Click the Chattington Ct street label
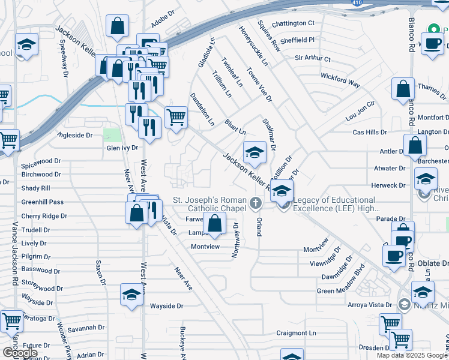pos(293,23)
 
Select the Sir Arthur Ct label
pos(313,59)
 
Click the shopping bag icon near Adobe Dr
pos(117,26)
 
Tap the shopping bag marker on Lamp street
pos(214,223)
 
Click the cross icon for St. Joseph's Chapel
pos(257,202)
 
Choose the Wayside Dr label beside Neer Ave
pos(166,306)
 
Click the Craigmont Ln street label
pos(296,333)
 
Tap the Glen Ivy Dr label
pos(122,148)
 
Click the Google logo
pos(20,353)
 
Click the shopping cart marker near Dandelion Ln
pos(176,116)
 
